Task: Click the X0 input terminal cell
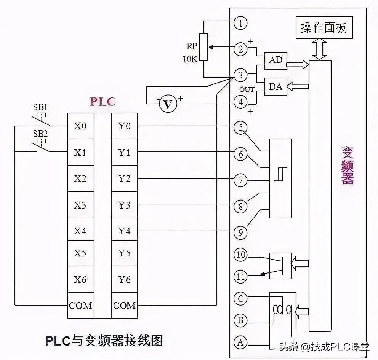coord(80,126)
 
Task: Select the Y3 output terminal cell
coord(125,205)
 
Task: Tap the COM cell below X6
coord(80,306)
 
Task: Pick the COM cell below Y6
coord(125,306)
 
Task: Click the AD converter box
coord(276,61)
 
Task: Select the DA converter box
coord(276,87)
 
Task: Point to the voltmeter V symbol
coord(168,104)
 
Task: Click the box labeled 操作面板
coord(324,27)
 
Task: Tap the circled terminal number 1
coord(240,23)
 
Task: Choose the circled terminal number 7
coord(240,180)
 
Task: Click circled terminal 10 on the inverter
coord(240,255)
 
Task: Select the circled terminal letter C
coord(240,299)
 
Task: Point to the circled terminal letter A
coord(240,342)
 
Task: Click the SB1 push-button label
coord(40,107)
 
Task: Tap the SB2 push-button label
coord(40,134)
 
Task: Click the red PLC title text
coord(103,102)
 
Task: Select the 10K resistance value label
coord(190,59)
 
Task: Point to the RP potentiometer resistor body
coord(204,47)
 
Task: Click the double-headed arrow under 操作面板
coord(319,49)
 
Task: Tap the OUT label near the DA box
coord(247,89)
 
